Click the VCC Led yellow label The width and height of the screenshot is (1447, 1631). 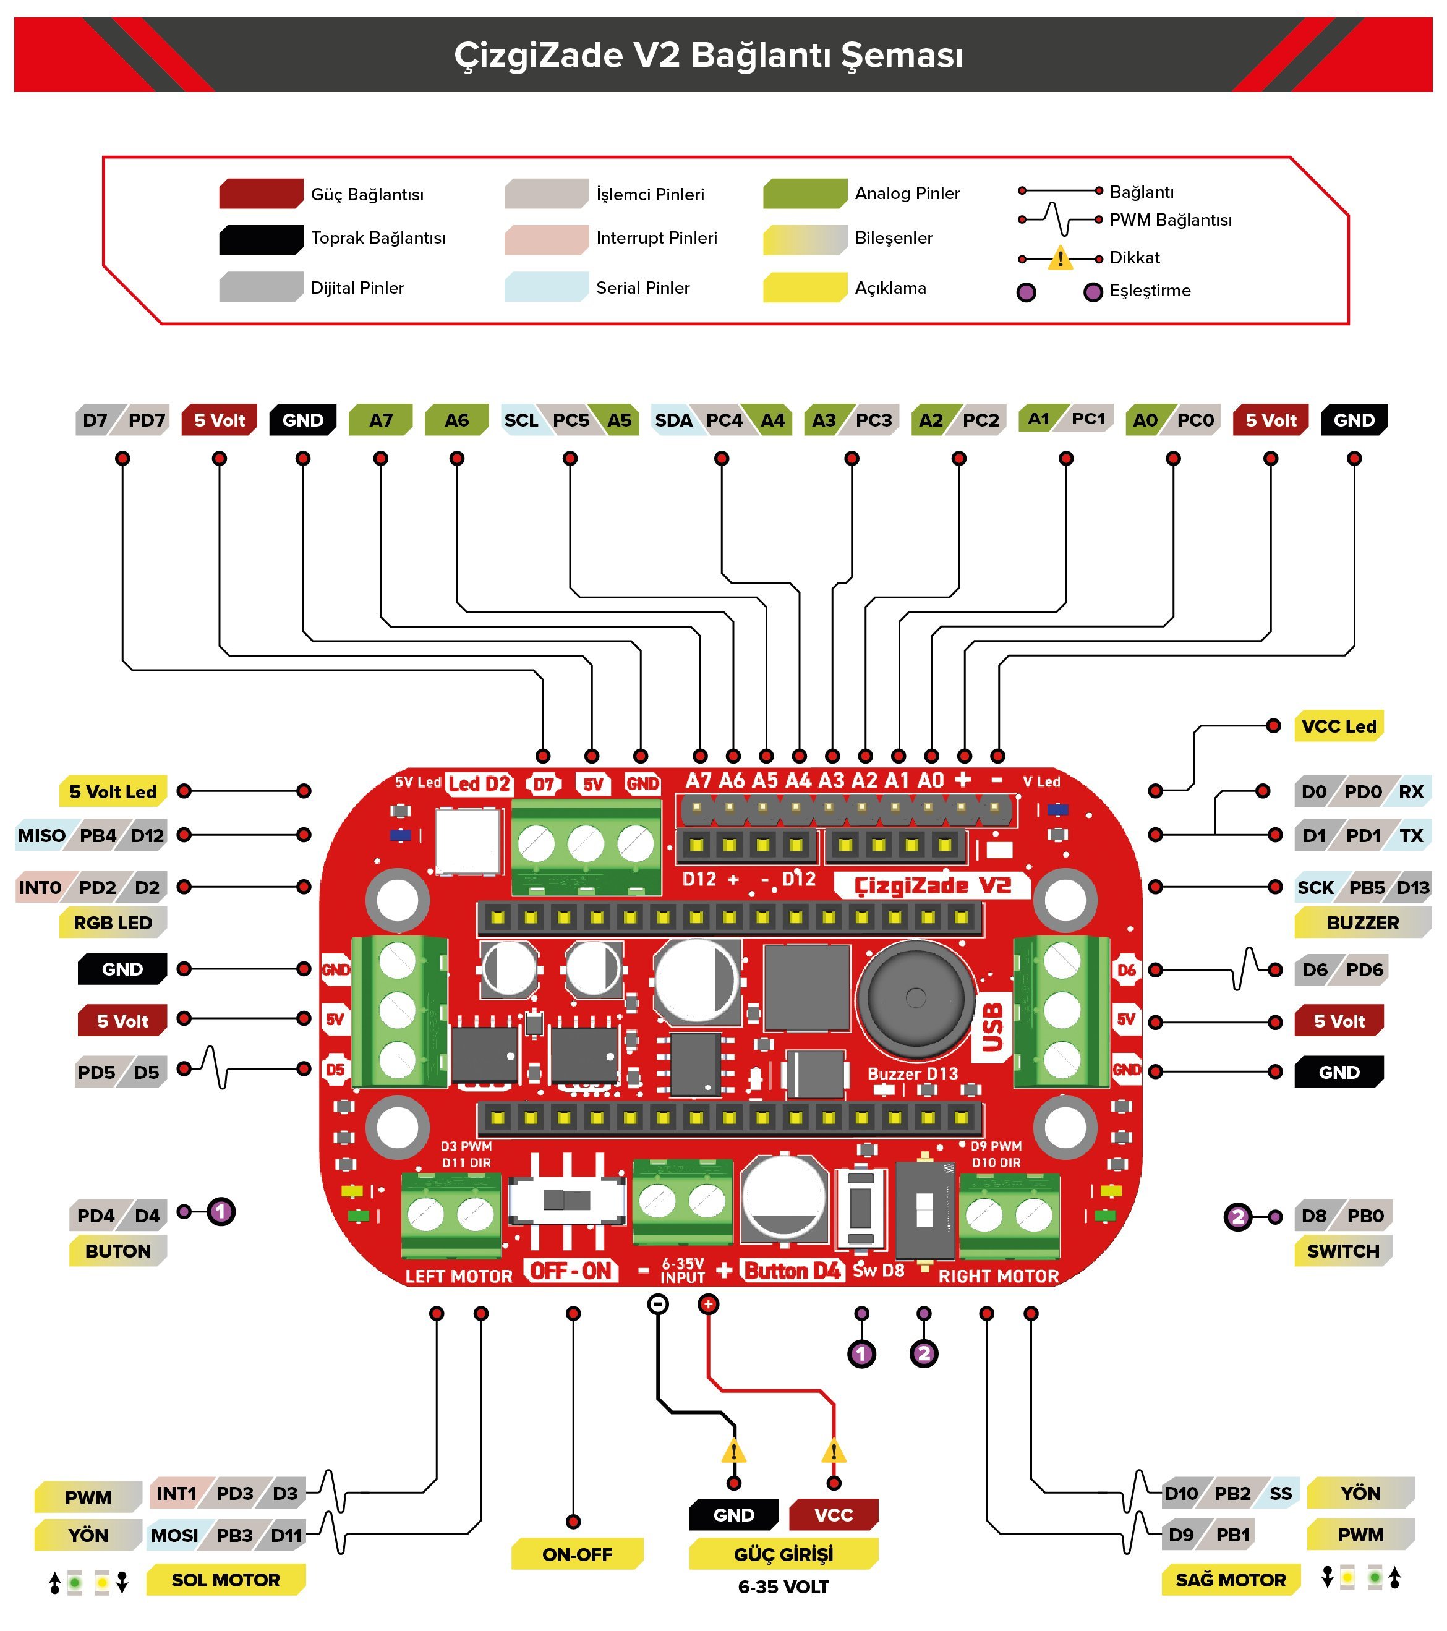point(1338,726)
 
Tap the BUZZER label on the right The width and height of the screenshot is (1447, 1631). point(1362,922)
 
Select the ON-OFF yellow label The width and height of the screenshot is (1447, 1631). point(576,1554)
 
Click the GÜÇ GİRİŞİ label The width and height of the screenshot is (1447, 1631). point(783,1554)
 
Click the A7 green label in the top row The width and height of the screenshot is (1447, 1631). point(381,420)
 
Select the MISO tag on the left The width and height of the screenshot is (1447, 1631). point(41,835)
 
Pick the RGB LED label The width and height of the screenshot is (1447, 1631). point(113,922)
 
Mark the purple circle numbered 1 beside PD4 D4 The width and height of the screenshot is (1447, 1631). point(221,1212)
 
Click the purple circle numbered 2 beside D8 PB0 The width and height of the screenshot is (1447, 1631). point(1238,1217)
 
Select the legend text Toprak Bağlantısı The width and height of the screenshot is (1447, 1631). point(378,238)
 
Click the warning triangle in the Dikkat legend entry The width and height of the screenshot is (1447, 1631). point(1060,258)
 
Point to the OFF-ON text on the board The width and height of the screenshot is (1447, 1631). point(571,1271)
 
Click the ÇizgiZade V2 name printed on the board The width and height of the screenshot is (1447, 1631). point(933,886)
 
